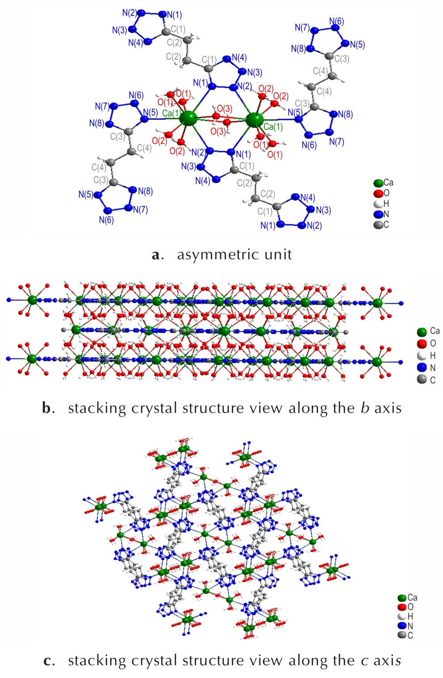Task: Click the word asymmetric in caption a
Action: click(218, 255)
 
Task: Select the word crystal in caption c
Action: click(155, 661)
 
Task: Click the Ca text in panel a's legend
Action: click(388, 183)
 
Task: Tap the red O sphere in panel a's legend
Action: click(378, 193)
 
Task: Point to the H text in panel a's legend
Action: click(386, 203)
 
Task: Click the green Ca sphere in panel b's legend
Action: click(422, 332)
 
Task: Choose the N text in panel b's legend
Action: click(433, 368)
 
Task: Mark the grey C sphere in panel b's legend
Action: click(422, 379)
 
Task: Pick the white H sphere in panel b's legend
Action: click(422, 356)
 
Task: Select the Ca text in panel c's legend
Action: click(412, 598)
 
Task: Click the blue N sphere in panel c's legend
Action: click(402, 626)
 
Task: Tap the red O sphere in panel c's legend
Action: click(402, 607)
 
